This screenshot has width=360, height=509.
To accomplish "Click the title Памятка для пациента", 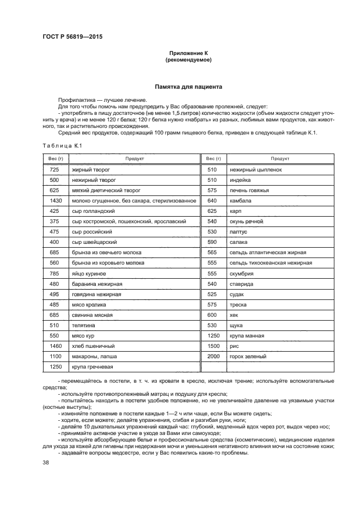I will [x=188, y=87].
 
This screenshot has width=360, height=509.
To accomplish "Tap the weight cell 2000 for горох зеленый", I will [x=213, y=356].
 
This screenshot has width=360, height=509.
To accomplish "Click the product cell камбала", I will [x=241, y=201].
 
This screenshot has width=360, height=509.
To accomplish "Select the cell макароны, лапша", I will [x=94, y=356].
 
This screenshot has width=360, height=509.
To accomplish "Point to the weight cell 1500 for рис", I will [x=213, y=346].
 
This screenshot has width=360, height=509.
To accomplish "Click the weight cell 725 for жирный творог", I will [x=54, y=170].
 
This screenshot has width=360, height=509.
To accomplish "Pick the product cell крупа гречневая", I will [x=93, y=366].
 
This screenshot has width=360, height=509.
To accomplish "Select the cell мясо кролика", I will [x=89, y=304].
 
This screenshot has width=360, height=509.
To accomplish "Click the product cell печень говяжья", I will [x=250, y=191].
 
